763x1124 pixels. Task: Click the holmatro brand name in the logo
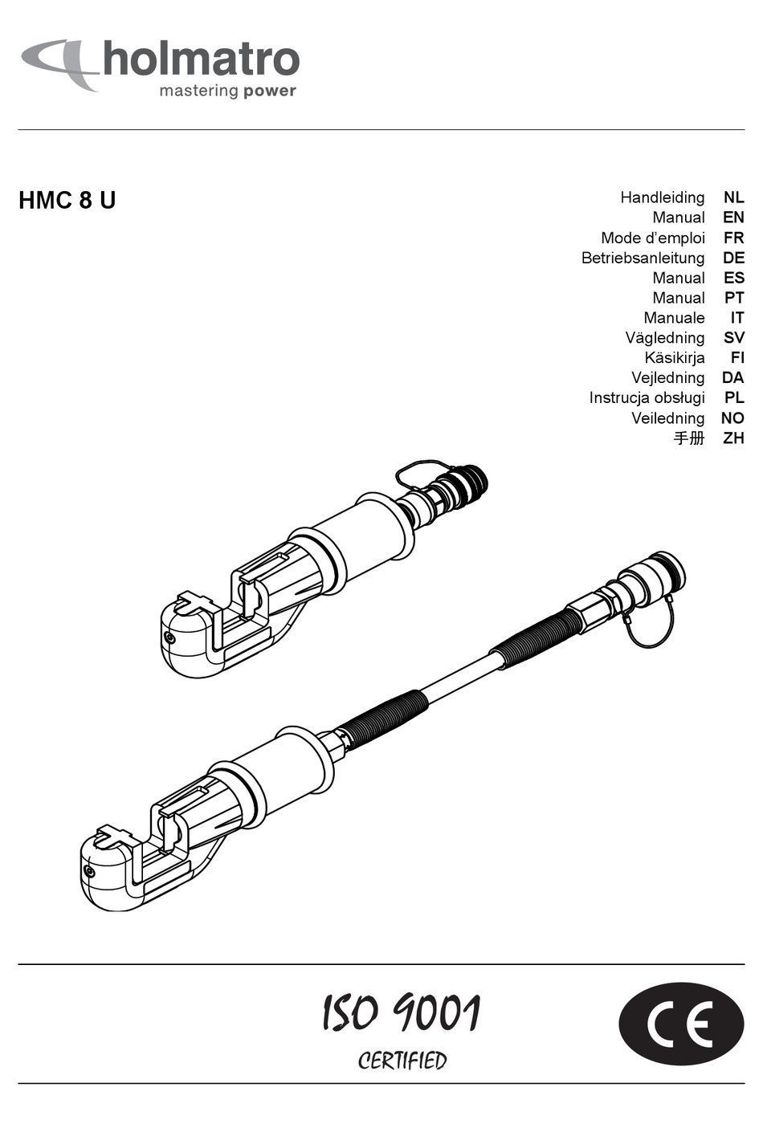pyautogui.click(x=201, y=60)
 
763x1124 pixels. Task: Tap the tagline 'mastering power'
pyautogui.click(x=227, y=91)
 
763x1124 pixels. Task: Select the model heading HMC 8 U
pyautogui.click(x=67, y=200)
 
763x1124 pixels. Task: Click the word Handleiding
pyautogui.click(x=662, y=198)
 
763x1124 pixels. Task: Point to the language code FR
pyautogui.click(x=733, y=238)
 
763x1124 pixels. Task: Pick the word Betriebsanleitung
pyautogui.click(x=643, y=258)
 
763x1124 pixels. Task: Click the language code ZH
pyautogui.click(x=733, y=438)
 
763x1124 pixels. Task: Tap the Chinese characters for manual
pyautogui.click(x=688, y=438)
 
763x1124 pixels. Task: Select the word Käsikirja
pyautogui.click(x=674, y=358)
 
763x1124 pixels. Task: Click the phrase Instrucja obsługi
pyautogui.click(x=647, y=398)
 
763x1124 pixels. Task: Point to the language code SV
pyautogui.click(x=733, y=338)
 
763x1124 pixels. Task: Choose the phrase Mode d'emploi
pyautogui.click(x=652, y=238)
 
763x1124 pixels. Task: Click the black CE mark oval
pyautogui.click(x=681, y=1024)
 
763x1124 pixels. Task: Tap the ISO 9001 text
pyautogui.click(x=401, y=1012)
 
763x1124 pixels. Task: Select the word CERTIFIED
pyautogui.click(x=402, y=1061)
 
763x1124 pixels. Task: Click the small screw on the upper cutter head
pyautogui.click(x=169, y=637)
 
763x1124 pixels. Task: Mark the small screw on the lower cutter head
pyautogui.click(x=89, y=871)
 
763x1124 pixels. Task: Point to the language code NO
pyautogui.click(x=732, y=418)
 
